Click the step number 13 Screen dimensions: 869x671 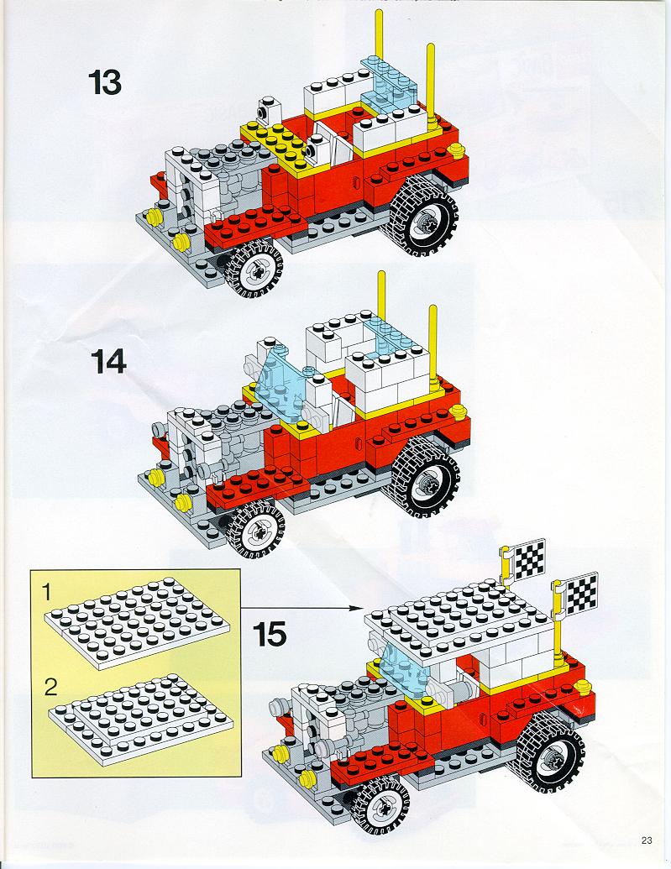(104, 82)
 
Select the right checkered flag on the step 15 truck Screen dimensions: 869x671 (580, 594)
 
